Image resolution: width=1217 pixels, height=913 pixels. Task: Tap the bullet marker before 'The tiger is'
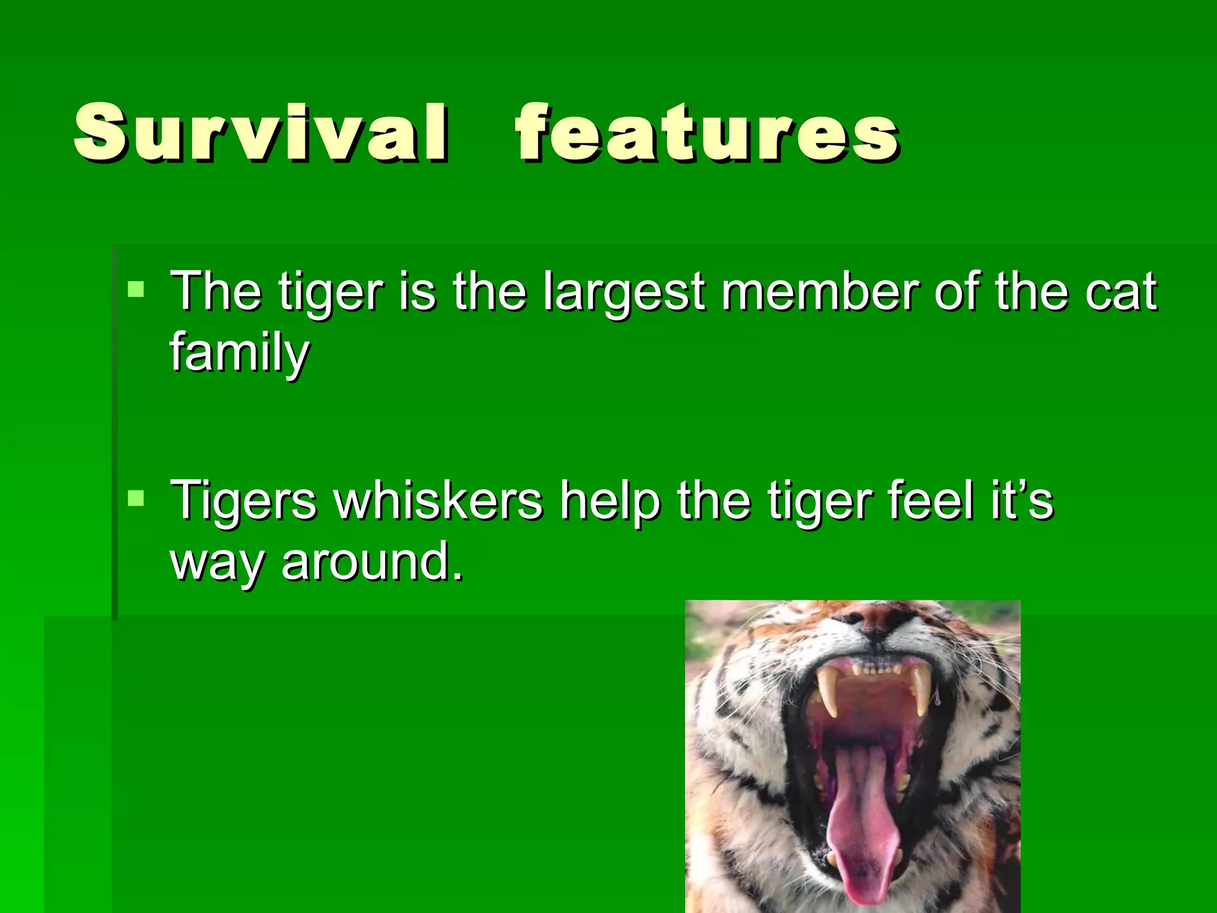(136, 289)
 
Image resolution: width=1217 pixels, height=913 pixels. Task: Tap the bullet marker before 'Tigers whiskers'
(136, 498)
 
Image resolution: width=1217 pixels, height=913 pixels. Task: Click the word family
(239, 353)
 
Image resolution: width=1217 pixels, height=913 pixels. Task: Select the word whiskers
(438, 500)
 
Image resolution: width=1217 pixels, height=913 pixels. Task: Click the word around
(371, 562)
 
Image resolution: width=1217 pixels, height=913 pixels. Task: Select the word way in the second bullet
(217, 565)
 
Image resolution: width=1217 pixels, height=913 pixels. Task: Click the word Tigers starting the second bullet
(244, 500)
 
